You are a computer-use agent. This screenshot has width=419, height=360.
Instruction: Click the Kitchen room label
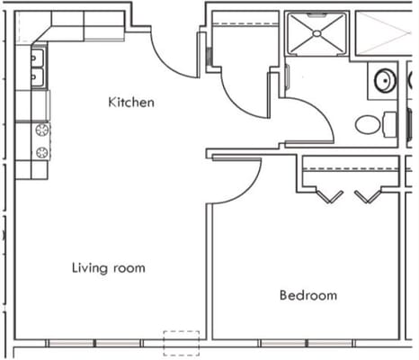[131, 102]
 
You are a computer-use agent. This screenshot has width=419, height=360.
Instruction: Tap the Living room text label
[108, 268]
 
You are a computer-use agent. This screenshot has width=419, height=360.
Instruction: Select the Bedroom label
[308, 295]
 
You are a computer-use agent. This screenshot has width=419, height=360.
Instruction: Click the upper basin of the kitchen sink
[38, 59]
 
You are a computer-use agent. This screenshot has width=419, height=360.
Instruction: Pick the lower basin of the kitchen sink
[38, 78]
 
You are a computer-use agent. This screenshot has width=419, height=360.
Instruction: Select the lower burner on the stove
[41, 151]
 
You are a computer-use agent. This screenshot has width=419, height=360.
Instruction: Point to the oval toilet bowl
[368, 124]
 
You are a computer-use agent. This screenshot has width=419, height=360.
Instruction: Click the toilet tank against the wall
[390, 124]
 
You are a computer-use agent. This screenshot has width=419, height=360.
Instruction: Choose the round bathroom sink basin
[385, 81]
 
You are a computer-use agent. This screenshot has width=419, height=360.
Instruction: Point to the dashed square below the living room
[181, 343]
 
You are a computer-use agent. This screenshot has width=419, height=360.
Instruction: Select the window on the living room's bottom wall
[95, 344]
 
